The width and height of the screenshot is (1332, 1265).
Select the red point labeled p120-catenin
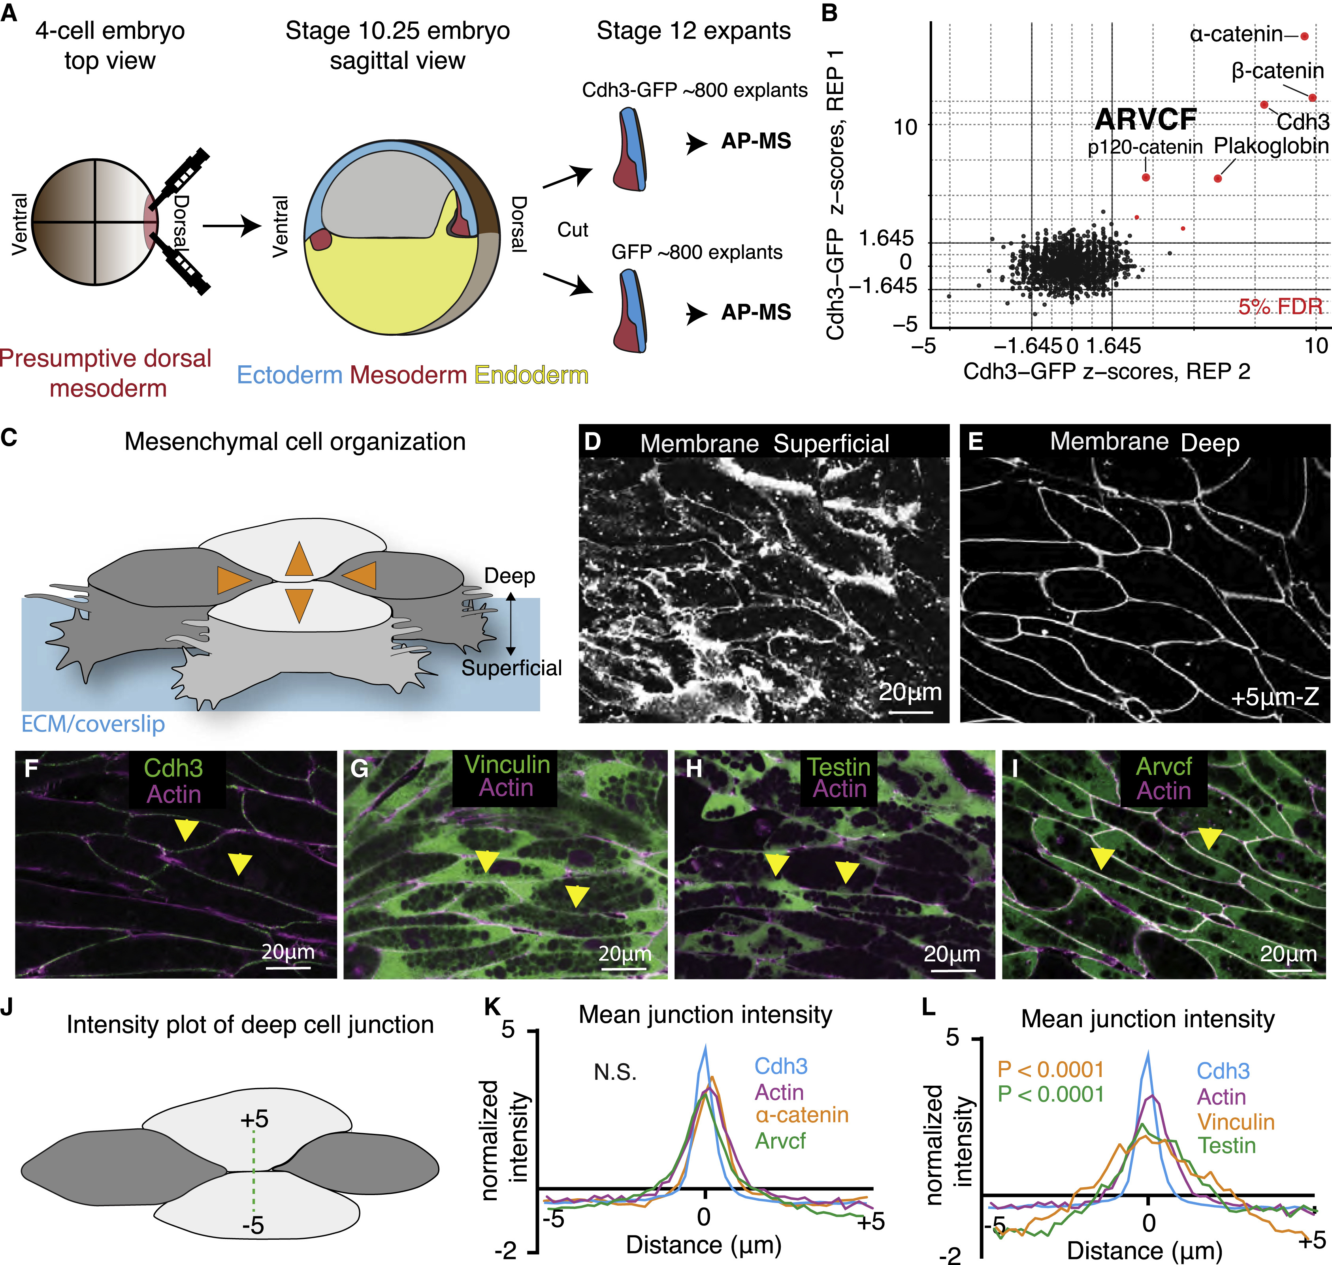[x=1146, y=177]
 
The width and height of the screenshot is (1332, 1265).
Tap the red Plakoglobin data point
[x=1217, y=179]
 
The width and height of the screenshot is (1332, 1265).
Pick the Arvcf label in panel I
[x=1163, y=767]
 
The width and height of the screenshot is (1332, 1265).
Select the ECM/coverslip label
[x=93, y=724]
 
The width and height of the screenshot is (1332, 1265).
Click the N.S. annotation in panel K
[x=615, y=1072]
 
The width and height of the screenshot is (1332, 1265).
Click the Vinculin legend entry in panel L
[x=1236, y=1122]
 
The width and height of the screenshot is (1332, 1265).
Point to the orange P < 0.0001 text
[x=1051, y=1070]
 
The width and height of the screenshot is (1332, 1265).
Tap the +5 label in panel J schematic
[x=254, y=1119]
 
